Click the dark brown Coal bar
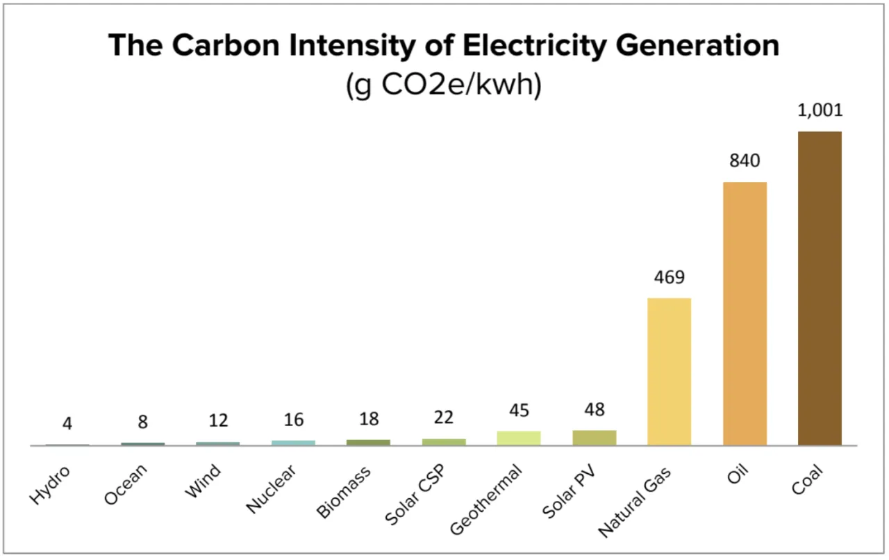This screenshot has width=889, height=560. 820,288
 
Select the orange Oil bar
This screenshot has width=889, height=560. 745,313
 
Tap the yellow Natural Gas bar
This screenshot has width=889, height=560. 669,372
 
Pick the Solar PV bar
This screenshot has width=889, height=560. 594,438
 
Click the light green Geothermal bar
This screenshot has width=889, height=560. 519,438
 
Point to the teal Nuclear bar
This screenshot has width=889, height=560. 293,443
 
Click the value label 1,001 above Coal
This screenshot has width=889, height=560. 820,110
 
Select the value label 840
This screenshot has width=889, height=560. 745,161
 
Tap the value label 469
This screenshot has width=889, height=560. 669,278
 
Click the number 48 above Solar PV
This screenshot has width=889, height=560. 594,411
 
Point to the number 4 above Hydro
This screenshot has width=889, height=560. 67,423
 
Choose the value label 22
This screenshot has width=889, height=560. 443,417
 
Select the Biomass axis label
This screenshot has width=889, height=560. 344,492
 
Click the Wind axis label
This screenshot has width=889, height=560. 203,481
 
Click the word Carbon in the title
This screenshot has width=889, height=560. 220,46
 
